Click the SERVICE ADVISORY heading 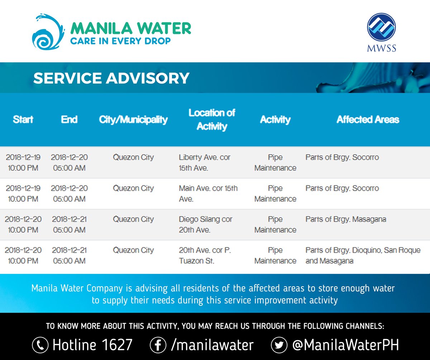tap(111, 78)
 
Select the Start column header tap(23, 119)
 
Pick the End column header tap(69, 119)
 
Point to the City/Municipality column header tap(133, 119)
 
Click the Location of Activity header tap(212, 119)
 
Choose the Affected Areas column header tap(368, 119)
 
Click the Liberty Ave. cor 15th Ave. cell tap(205, 162)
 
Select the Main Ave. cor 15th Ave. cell tap(208, 193)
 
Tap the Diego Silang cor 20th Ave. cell tap(206, 224)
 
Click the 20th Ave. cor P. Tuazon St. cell tap(205, 255)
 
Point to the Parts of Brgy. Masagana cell tap(346, 219)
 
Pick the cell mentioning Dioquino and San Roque tap(363, 255)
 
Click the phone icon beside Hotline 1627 tap(40, 345)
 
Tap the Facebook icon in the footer tap(158, 345)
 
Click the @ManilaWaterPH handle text tap(345, 345)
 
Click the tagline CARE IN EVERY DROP tap(120, 41)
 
